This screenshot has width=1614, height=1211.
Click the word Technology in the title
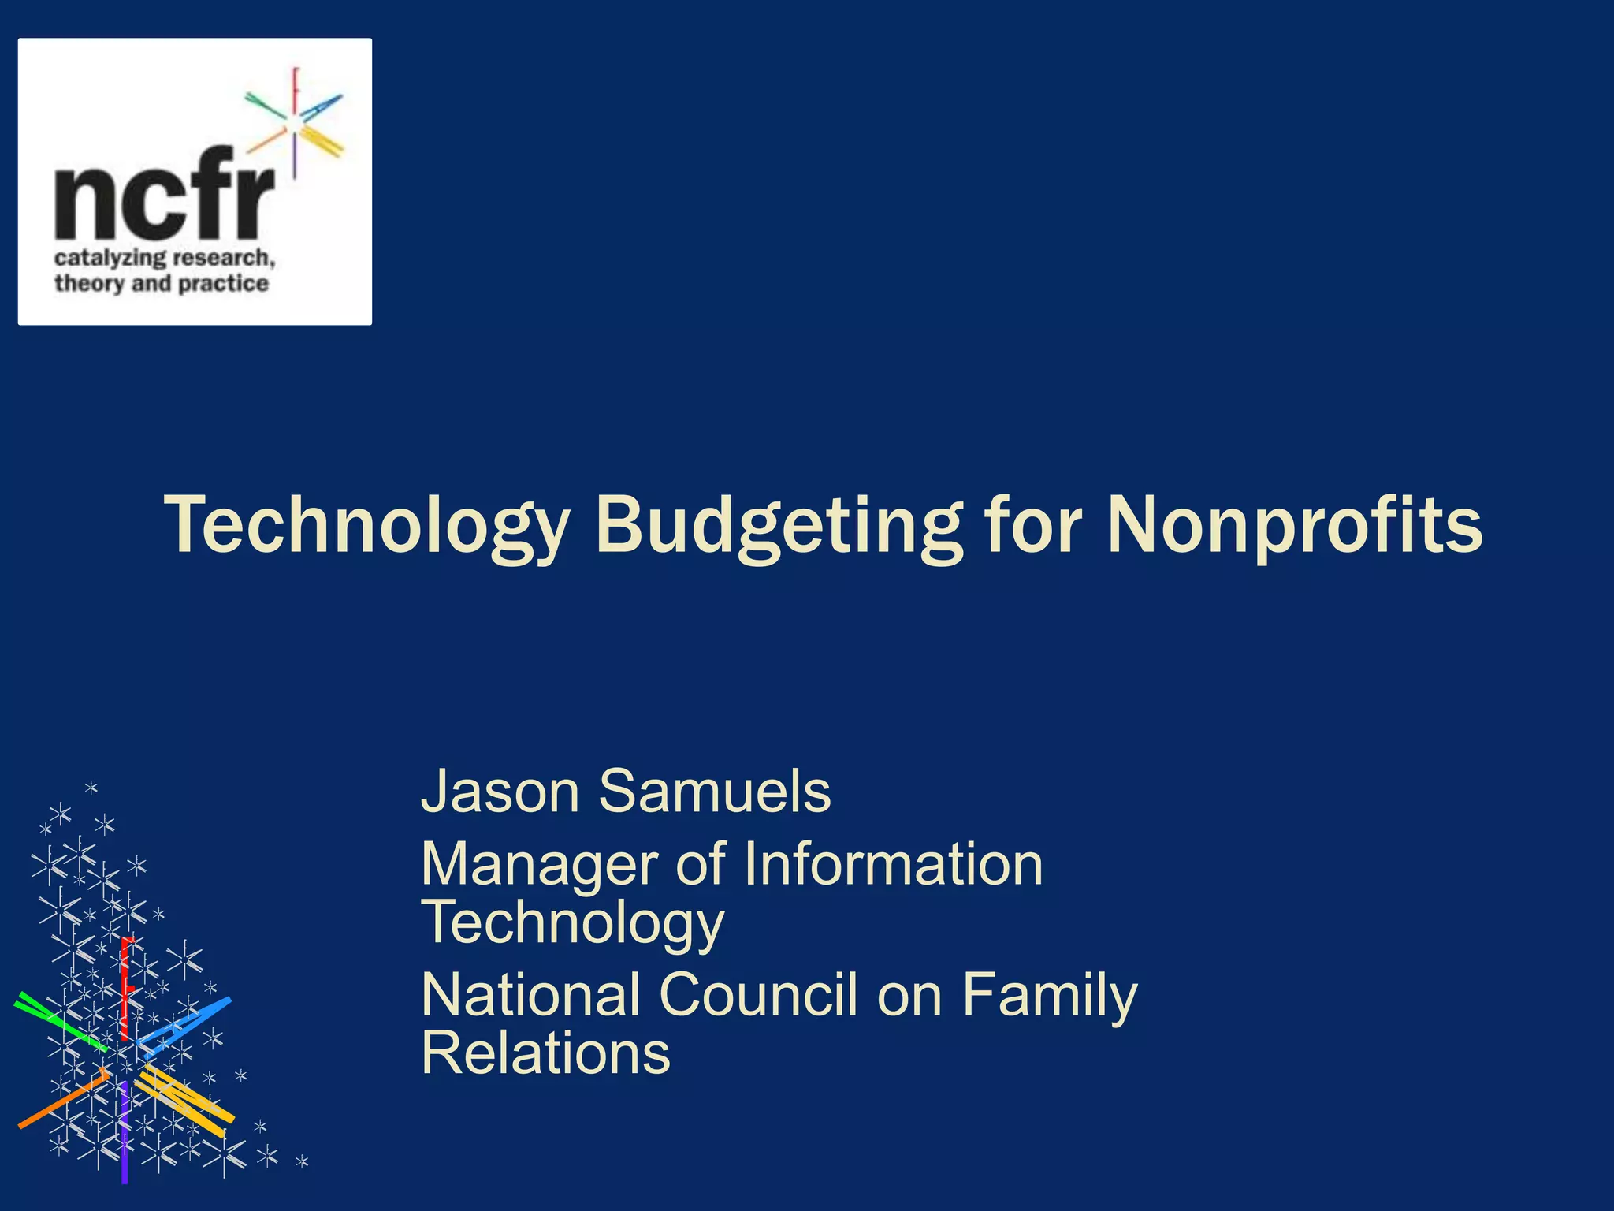click(x=366, y=524)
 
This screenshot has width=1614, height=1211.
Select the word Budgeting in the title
click(x=778, y=524)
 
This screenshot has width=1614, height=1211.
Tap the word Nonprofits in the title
click(x=1294, y=524)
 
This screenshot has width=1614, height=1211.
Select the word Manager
click(x=539, y=865)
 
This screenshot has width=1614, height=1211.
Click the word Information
click(x=893, y=865)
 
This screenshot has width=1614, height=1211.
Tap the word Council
click(x=757, y=995)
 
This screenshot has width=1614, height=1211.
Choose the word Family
click(x=1049, y=995)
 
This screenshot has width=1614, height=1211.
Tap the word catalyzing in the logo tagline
click(x=110, y=259)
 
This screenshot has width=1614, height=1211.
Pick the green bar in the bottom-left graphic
click(x=60, y=1022)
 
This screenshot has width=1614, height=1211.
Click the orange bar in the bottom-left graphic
click(x=63, y=1099)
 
